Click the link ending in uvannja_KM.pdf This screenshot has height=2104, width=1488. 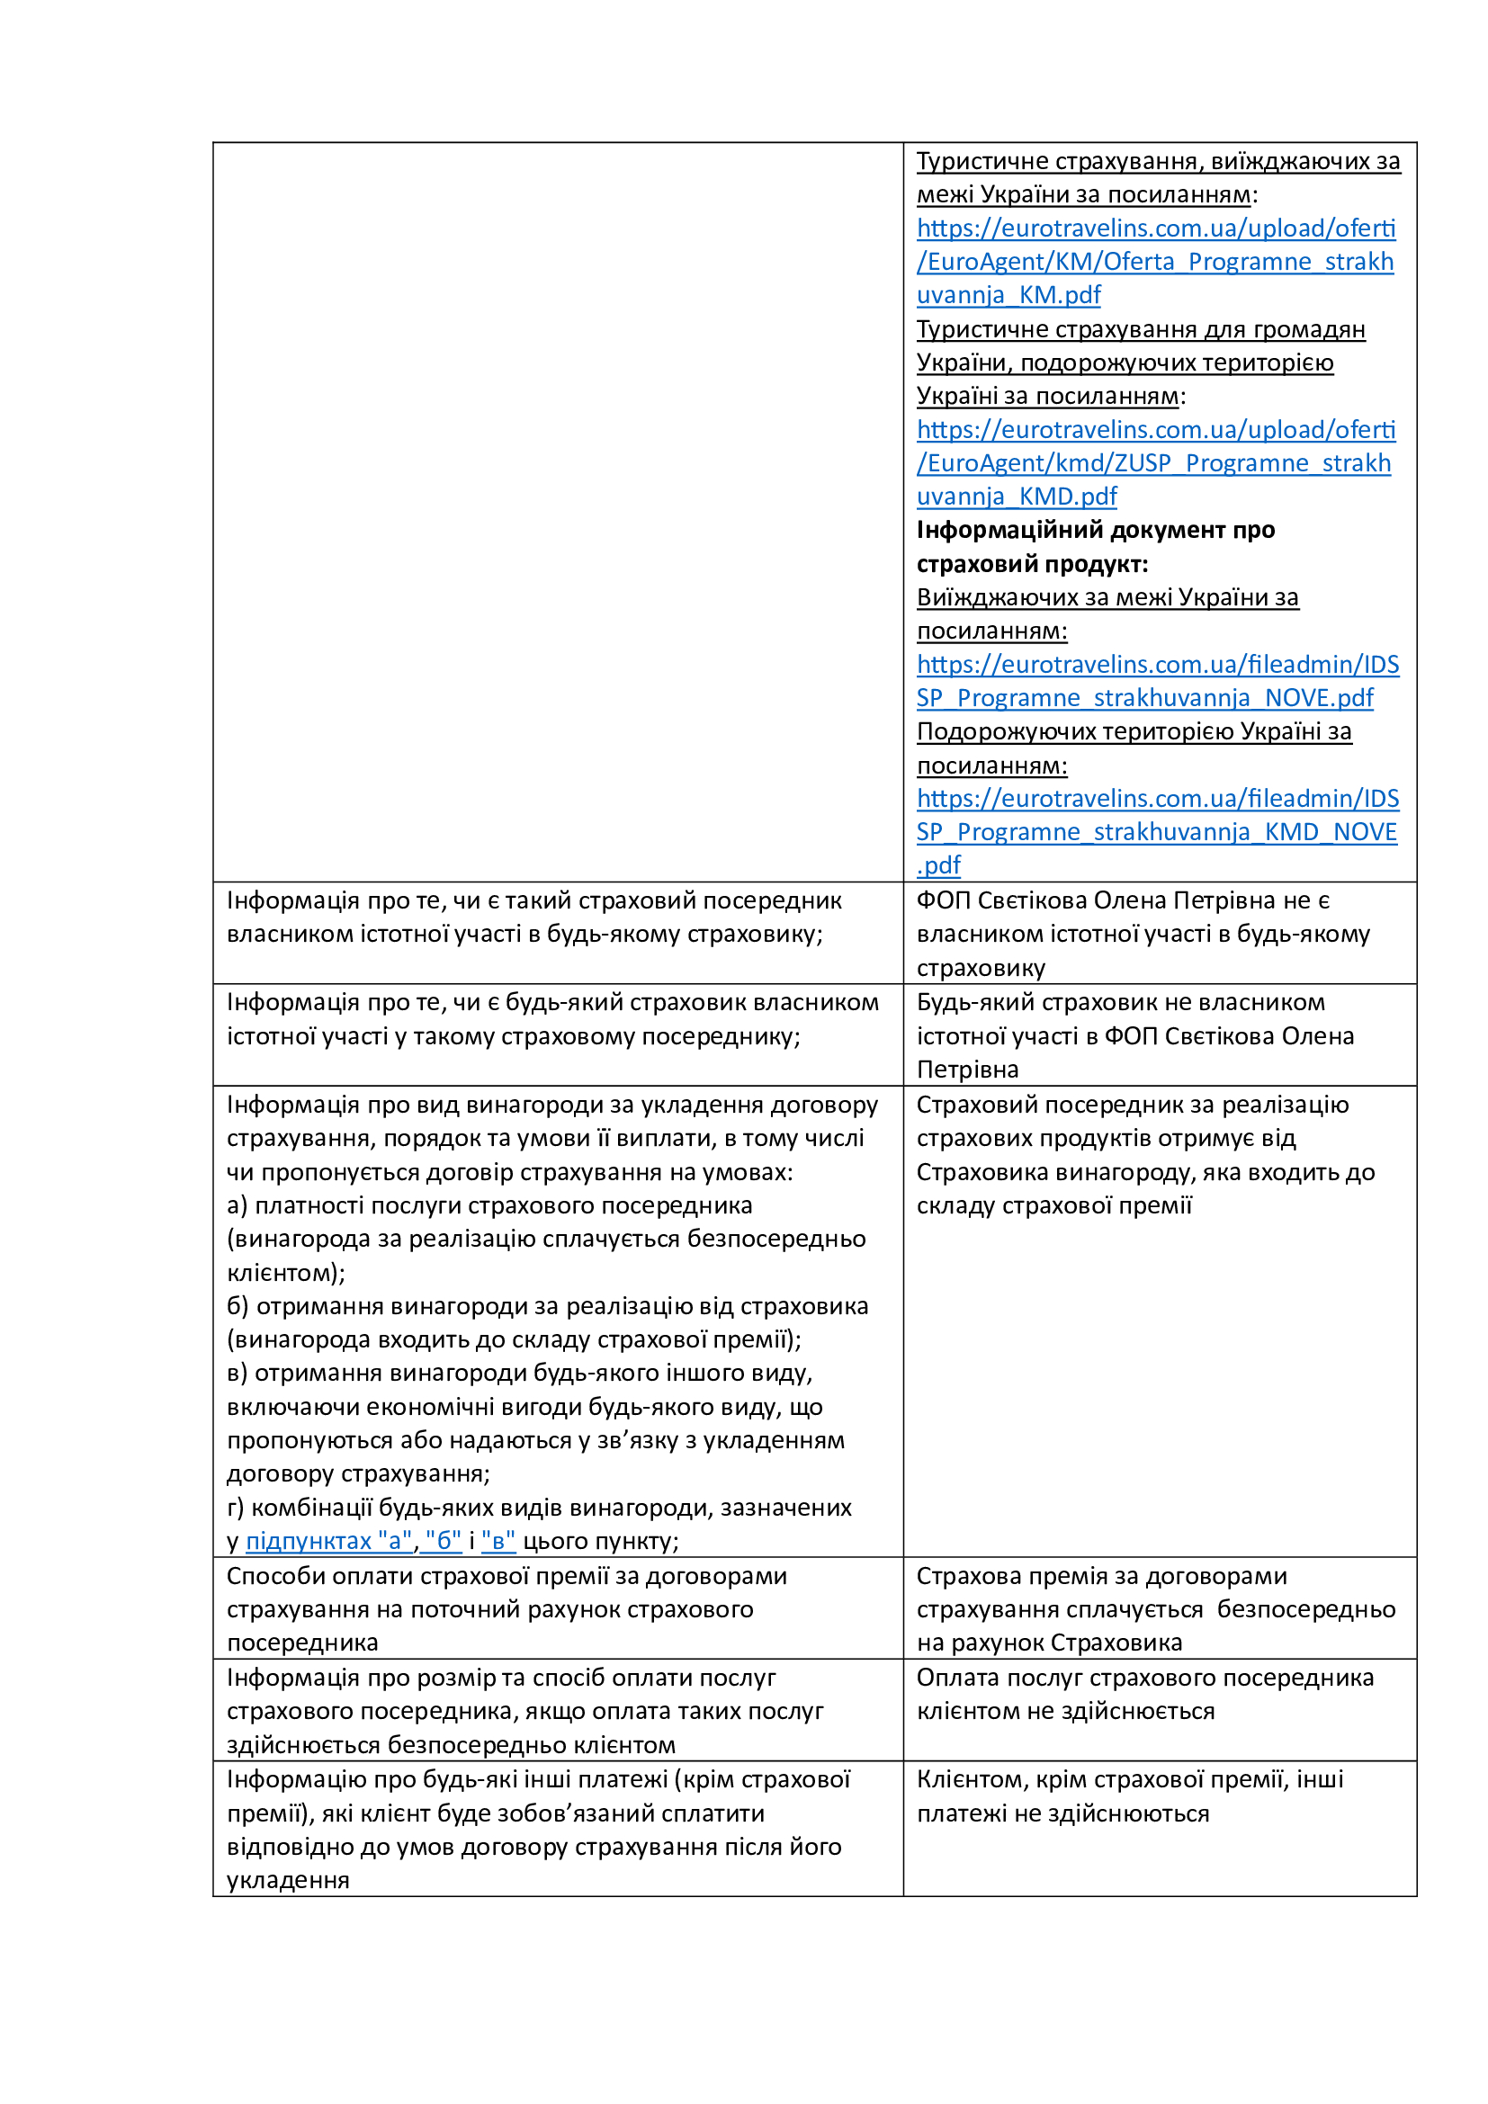[1008, 295]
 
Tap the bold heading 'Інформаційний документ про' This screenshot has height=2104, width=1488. [1095, 531]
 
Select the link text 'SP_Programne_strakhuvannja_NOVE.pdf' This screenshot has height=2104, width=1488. [1144, 698]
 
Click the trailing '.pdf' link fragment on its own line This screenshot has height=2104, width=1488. [938, 865]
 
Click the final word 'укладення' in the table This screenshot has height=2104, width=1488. [288, 1880]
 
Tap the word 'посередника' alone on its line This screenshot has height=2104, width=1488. [302, 1643]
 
